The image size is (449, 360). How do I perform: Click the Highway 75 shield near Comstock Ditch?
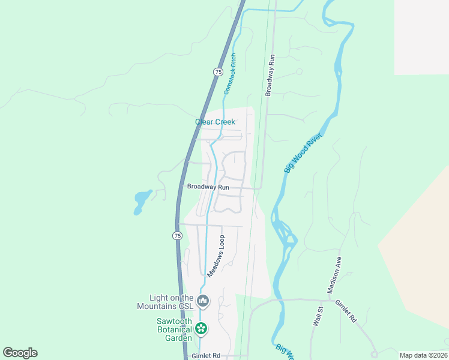pos(218,71)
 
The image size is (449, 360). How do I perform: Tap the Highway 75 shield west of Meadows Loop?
pos(177,236)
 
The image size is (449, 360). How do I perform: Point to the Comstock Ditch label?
pos(231,74)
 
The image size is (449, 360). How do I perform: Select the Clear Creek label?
pos(215,122)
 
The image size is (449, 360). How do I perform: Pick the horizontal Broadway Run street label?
pos(208,187)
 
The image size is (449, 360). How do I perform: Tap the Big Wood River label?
pos(303,154)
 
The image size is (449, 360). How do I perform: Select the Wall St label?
pos(318,316)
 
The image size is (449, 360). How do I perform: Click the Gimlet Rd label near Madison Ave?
pos(346,311)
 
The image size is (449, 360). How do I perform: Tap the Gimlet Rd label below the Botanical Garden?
pos(206,355)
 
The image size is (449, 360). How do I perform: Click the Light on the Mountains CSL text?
pos(172,302)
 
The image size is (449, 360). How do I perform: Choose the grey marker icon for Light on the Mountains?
pos(203,301)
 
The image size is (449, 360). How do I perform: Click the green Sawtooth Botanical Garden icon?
pos(202,328)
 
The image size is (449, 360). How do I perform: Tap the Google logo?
pos(20,353)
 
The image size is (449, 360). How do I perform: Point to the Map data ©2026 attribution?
pos(423,355)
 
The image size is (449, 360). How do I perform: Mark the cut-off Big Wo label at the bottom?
pos(285,351)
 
